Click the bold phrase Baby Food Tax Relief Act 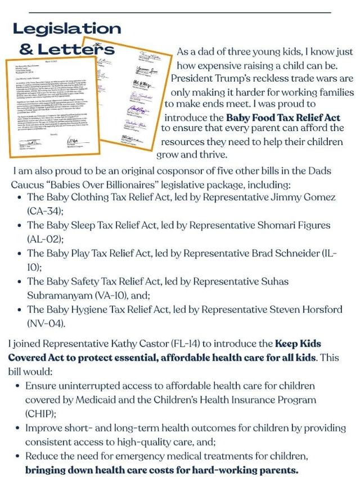click(291, 117)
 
